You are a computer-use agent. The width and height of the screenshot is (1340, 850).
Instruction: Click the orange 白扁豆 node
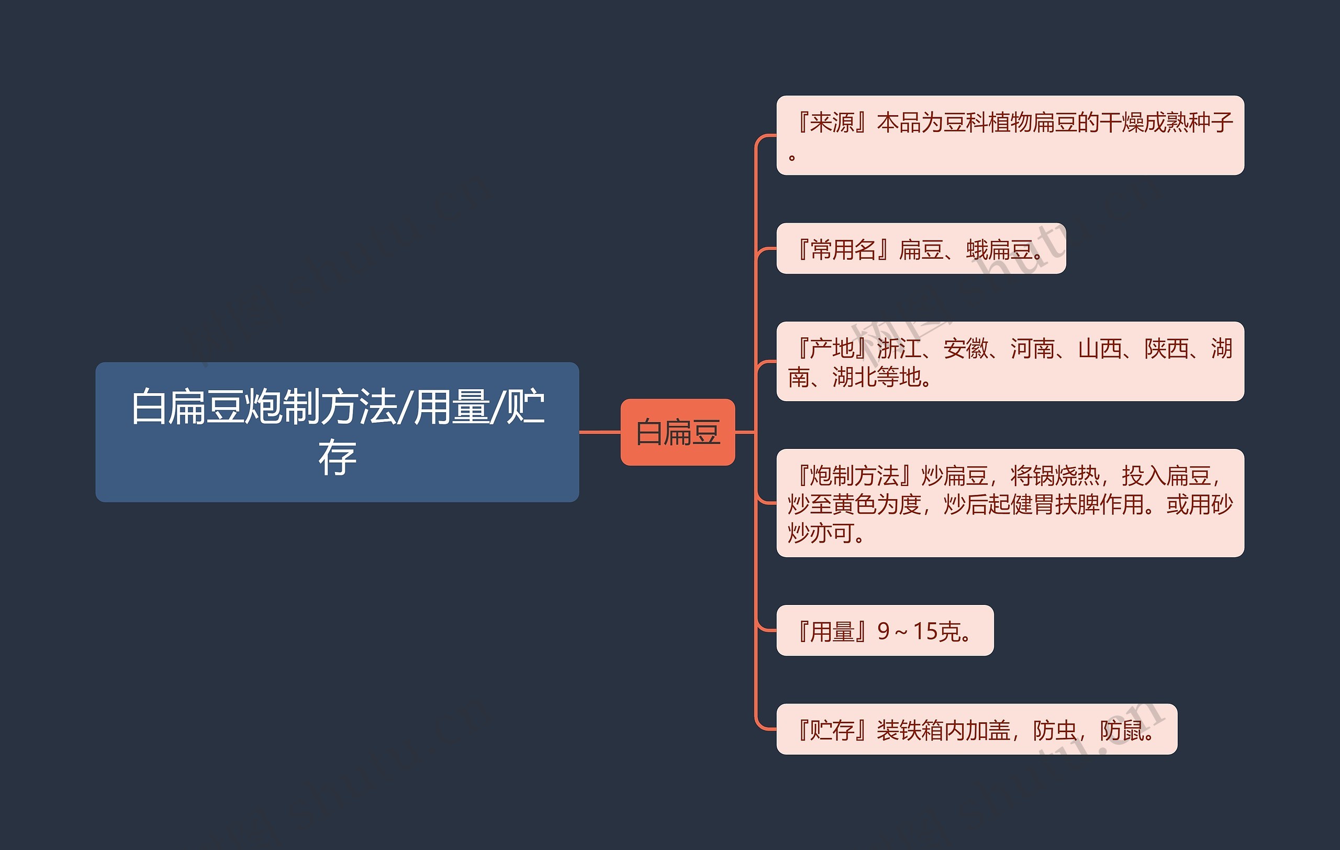coord(677,432)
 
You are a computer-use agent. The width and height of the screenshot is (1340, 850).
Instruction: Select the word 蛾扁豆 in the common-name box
coord(999,249)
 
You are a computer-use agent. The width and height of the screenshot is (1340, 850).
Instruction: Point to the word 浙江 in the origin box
coord(899,349)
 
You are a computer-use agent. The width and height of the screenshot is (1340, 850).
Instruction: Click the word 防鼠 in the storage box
coord(1122,730)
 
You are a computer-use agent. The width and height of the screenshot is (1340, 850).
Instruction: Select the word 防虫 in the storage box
coord(1055,730)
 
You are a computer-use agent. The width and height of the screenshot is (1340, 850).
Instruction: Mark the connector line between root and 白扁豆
coord(600,432)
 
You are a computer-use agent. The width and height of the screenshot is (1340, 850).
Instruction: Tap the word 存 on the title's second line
coord(337,458)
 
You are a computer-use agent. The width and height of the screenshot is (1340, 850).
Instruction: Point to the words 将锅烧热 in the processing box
coord(1055,476)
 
